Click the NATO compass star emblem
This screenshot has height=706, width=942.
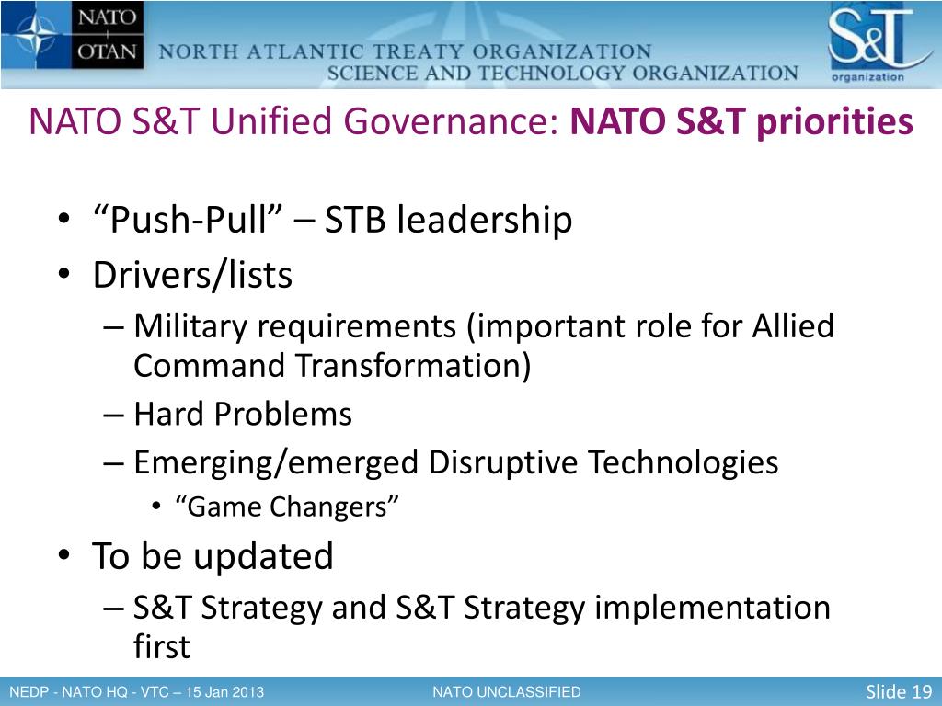point(36,34)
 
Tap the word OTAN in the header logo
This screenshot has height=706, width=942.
point(107,51)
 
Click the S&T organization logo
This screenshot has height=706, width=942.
point(879,44)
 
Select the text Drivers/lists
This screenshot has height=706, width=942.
point(192,276)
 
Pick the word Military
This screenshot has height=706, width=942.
point(190,328)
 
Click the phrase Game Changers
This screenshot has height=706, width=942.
point(287,507)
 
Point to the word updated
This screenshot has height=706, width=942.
point(263,556)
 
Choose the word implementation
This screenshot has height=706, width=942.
point(713,609)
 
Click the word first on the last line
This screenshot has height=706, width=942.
point(161,646)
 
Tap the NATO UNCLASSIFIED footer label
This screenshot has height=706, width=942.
point(507,692)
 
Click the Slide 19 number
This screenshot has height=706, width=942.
point(899,691)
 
